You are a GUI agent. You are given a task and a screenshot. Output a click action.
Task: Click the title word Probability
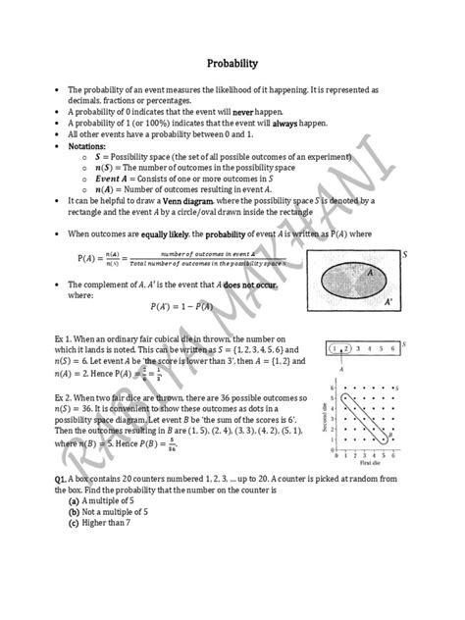point(232,64)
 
